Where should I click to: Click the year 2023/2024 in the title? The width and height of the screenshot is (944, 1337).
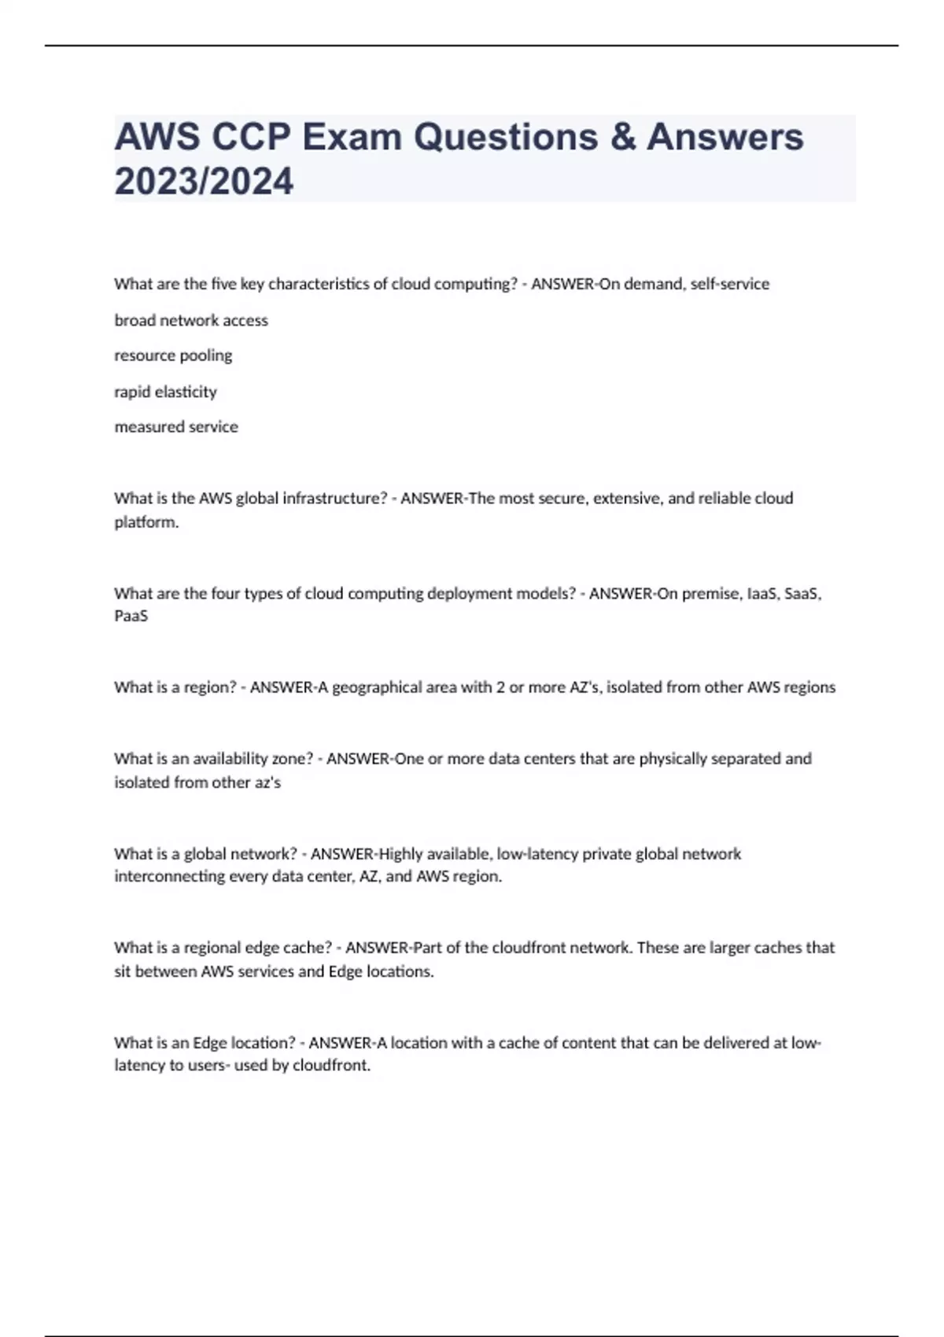click(x=204, y=181)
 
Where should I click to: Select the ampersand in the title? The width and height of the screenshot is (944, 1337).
click(x=621, y=137)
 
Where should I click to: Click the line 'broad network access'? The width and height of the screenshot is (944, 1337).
click(x=191, y=320)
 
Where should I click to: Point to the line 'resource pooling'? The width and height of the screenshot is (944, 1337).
click(x=173, y=355)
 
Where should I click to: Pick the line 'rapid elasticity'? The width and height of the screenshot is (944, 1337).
click(x=165, y=392)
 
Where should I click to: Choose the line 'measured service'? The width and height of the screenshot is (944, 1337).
click(x=176, y=427)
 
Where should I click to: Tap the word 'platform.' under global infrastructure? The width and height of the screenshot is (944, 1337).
click(x=146, y=522)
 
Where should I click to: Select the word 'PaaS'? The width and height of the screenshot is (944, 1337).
click(x=131, y=616)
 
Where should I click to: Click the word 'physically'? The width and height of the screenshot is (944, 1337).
click(x=673, y=759)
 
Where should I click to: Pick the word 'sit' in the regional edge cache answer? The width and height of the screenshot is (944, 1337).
click(x=122, y=971)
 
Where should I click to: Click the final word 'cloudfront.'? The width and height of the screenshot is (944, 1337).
click(x=331, y=1066)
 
